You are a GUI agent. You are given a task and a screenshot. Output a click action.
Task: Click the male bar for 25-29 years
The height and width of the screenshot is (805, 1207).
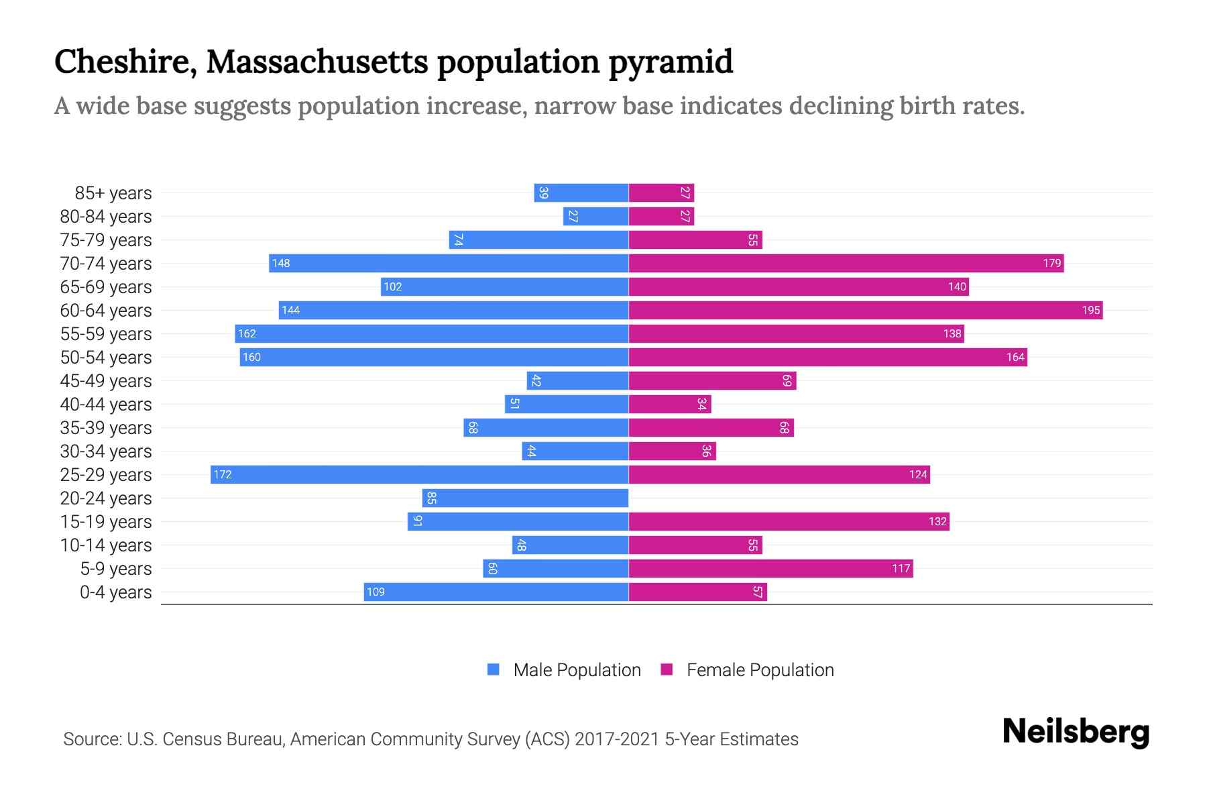pyautogui.click(x=419, y=475)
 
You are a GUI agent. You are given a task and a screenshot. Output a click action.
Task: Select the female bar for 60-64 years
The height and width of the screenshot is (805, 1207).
pyautogui.click(x=865, y=311)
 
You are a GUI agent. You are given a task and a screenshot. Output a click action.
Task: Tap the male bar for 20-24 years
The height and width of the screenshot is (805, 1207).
pyautogui.click(x=525, y=498)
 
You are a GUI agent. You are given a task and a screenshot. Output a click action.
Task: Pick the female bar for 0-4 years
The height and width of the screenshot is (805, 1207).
pyautogui.click(x=697, y=592)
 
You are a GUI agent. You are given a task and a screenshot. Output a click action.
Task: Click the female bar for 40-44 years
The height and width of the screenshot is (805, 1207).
pyautogui.click(x=669, y=405)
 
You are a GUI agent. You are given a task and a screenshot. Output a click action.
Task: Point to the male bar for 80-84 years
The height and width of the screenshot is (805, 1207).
pyautogui.click(x=595, y=217)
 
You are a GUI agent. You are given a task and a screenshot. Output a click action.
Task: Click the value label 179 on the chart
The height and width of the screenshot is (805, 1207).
pyautogui.click(x=1051, y=264)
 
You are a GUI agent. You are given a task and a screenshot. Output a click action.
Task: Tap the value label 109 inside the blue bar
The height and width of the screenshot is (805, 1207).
pyautogui.click(x=376, y=592)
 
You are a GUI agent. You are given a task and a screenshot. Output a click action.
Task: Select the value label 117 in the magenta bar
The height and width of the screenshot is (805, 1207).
pyautogui.click(x=901, y=569)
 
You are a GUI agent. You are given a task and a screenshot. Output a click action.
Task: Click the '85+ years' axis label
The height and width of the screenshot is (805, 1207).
pyautogui.click(x=113, y=193)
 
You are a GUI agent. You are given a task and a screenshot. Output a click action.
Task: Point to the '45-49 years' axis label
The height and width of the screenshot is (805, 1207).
pyautogui.click(x=106, y=381)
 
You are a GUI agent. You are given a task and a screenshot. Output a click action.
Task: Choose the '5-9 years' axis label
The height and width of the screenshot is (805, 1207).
pyautogui.click(x=115, y=569)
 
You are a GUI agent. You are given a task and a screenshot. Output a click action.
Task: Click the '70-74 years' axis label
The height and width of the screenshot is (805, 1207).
pyautogui.click(x=106, y=264)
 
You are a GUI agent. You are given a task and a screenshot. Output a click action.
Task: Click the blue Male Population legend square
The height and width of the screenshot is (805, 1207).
pyautogui.click(x=494, y=669)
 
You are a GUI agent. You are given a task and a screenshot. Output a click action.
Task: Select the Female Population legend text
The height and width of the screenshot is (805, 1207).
pyautogui.click(x=760, y=670)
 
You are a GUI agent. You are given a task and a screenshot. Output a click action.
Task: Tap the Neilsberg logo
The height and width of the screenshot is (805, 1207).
pyautogui.click(x=1076, y=732)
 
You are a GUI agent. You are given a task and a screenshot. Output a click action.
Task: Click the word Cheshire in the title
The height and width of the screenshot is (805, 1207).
pyautogui.click(x=125, y=62)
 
